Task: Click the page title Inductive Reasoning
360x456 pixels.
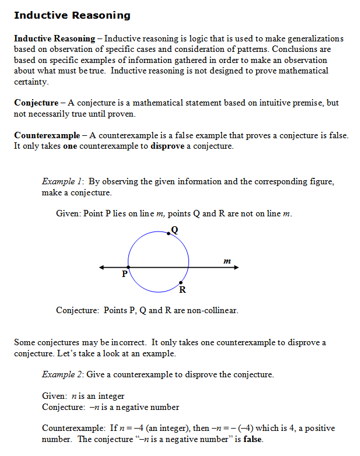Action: pyautogui.click(x=72, y=15)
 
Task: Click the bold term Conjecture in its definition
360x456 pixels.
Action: pyautogui.click(x=36, y=103)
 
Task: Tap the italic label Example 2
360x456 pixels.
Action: pyautogui.click(x=62, y=374)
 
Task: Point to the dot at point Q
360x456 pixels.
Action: pyautogui.click(x=169, y=233)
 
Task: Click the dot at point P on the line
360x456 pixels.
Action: pyautogui.click(x=128, y=268)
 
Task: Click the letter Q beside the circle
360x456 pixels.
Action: pyautogui.click(x=174, y=229)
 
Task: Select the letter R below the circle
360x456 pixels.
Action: pyautogui.click(x=183, y=290)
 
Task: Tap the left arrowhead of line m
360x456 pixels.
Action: pyautogui.click(x=102, y=268)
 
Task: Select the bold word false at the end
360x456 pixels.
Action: pyautogui.click(x=252, y=439)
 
